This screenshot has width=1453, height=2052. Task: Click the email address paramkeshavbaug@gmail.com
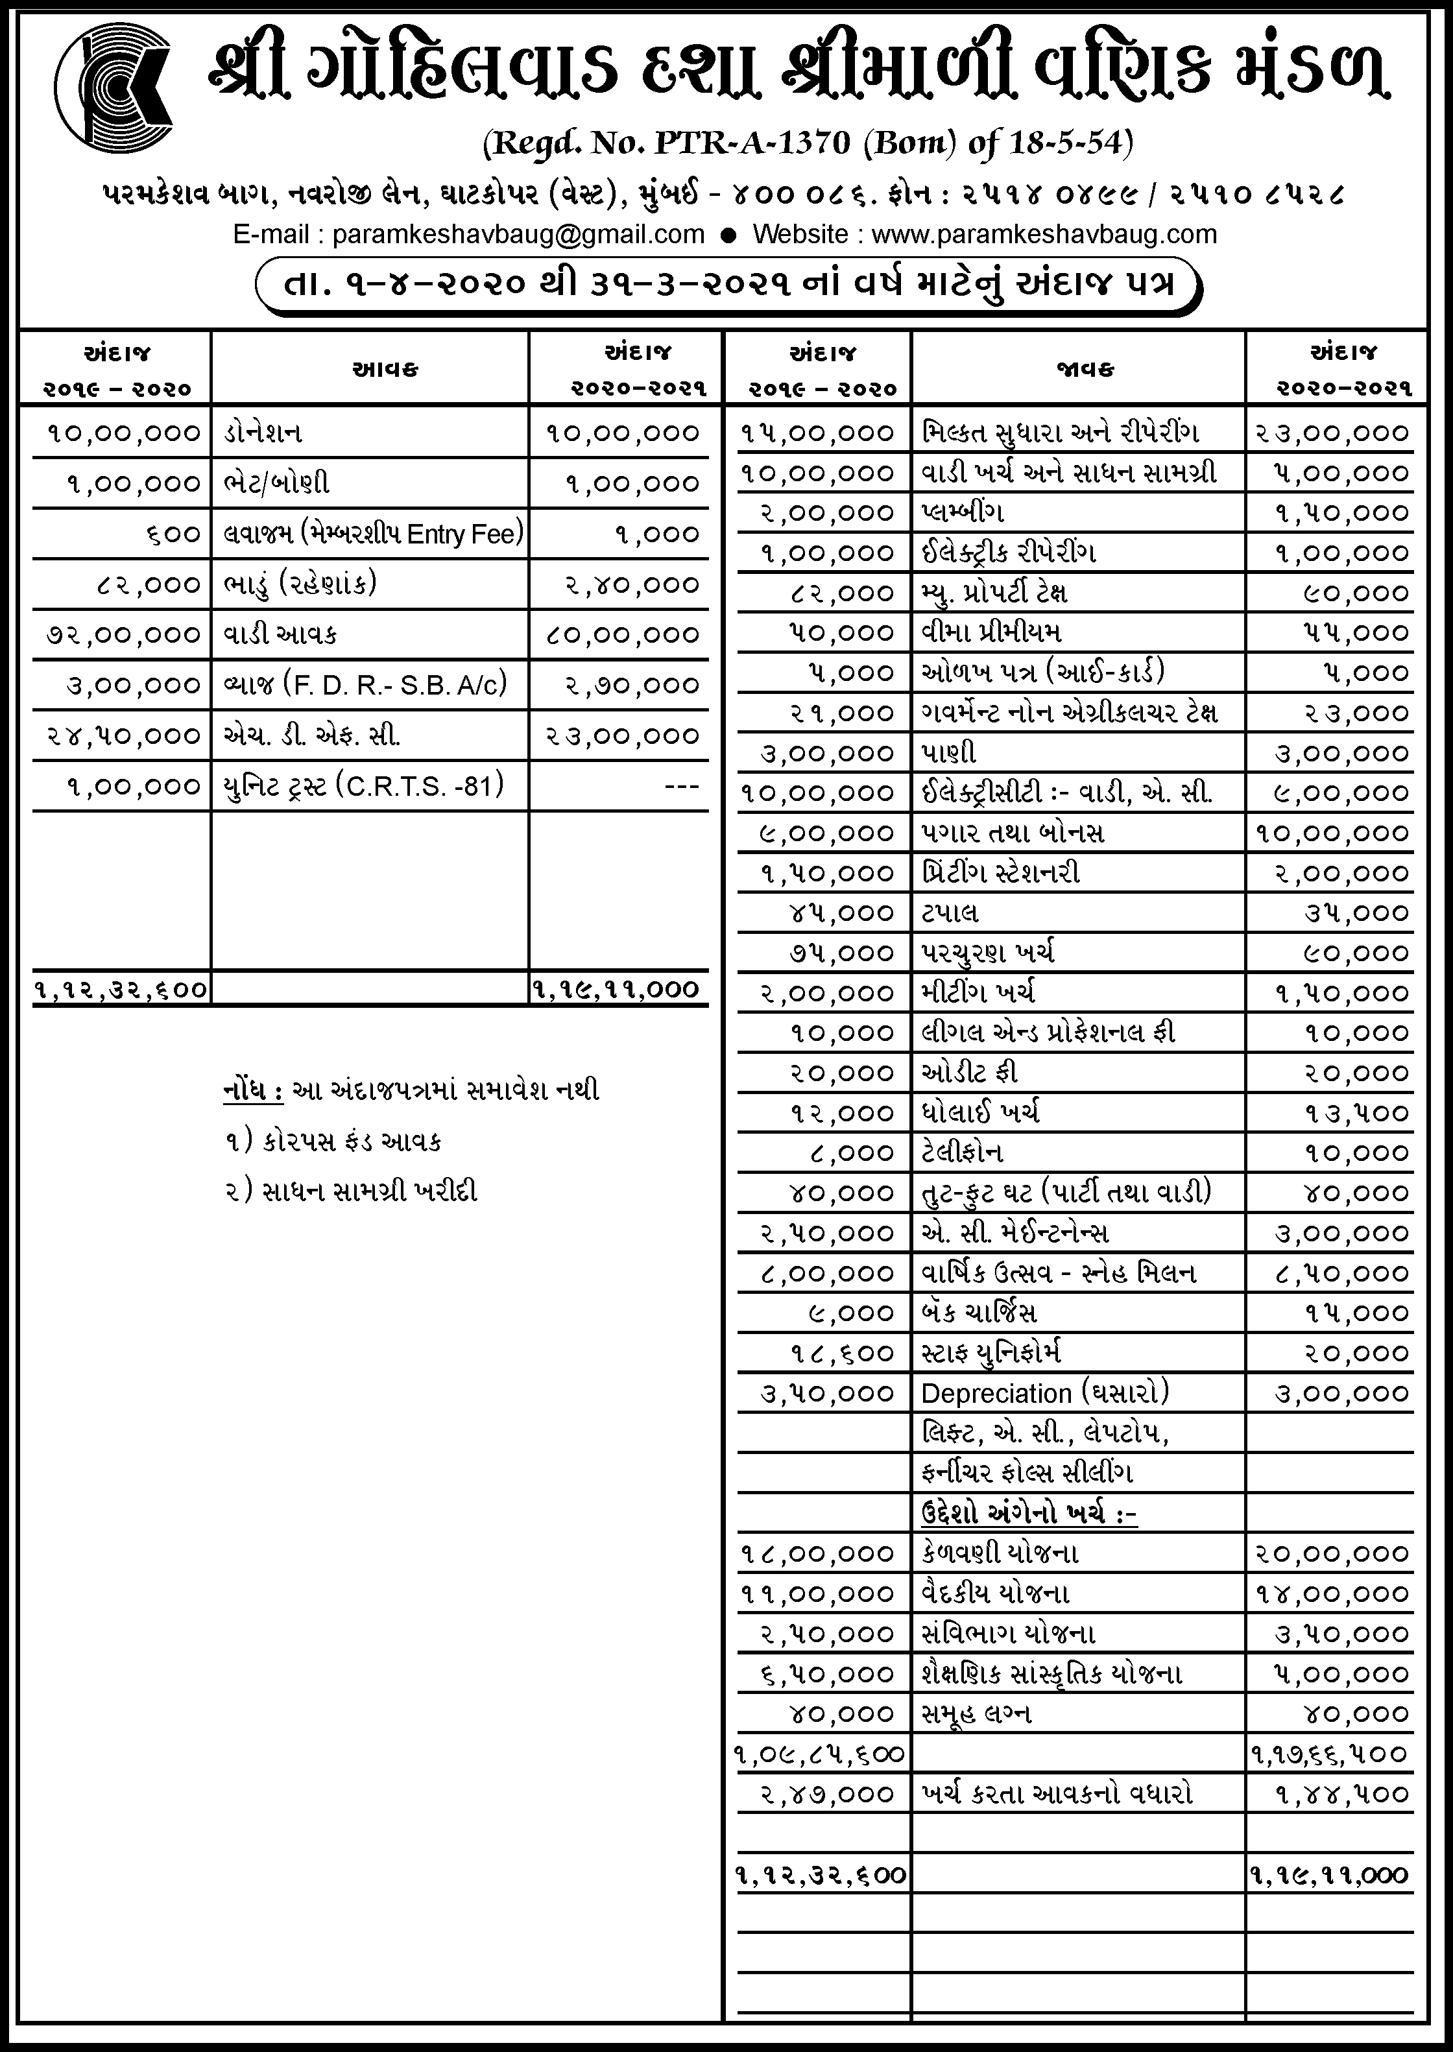[x=518, y=234]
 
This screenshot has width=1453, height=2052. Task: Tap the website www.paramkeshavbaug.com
[x=1044, y=234]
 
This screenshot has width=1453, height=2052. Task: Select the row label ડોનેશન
[x=263, y=433]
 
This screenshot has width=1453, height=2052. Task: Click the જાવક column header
[x=1085, y=368]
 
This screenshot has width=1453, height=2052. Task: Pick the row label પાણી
[x=948, y=753]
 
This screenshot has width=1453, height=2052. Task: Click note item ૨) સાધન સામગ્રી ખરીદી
[x=352, y=1191]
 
